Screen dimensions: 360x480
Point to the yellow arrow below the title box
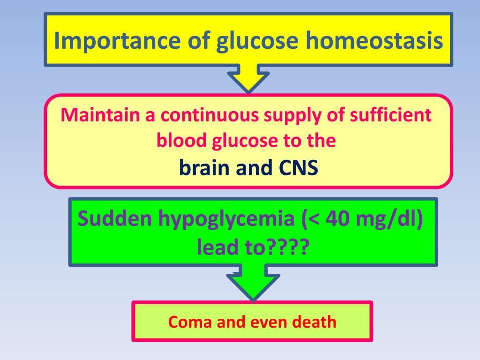[x=248, y=80]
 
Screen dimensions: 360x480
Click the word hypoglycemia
[x=222, y=219]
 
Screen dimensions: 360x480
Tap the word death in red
[x=315, y=322]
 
